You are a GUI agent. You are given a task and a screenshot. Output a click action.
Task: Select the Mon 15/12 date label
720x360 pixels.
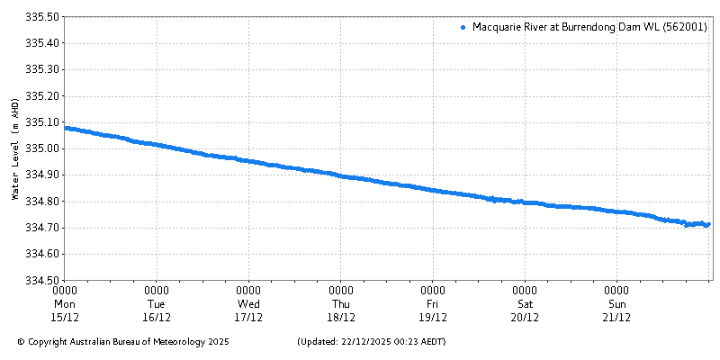coord(65,304)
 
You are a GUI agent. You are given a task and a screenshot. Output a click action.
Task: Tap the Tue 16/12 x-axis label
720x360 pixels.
coord(157,304)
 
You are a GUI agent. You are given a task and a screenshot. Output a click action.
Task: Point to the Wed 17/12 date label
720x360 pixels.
coord(248,304)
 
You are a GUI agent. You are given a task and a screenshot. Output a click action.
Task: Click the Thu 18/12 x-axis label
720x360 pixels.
coord(341,304)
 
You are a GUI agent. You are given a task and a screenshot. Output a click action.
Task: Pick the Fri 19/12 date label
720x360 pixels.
coord(433,304)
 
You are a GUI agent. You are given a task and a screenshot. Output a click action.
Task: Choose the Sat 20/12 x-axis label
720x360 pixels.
coord(525,304)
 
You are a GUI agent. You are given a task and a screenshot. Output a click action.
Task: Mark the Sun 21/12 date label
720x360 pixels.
coord(616,304)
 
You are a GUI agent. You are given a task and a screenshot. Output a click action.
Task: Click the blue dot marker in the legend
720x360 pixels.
coord(463,28)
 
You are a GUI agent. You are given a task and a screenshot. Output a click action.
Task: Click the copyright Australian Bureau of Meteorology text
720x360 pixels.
coord(123,342)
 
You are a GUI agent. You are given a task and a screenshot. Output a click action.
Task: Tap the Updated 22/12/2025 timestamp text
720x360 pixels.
coord(371,342)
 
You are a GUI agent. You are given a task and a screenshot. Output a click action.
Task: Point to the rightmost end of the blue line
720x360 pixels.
coord(708,224)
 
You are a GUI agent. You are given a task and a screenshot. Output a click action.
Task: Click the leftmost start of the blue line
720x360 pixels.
coord(67,128)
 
